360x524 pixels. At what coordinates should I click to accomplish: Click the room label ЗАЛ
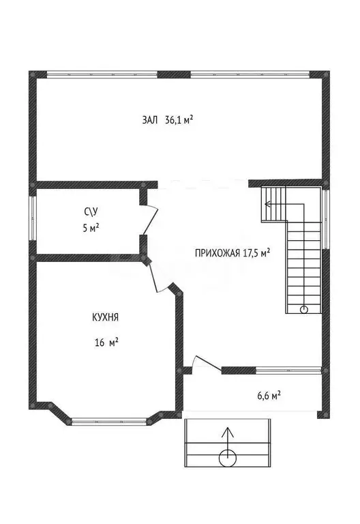(x=149, y=120)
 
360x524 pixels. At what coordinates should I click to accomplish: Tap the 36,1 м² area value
(x=179, y=119)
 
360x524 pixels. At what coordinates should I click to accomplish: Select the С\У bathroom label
(x=91, y=212)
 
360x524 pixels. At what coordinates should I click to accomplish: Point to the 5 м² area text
(x=91, y=229)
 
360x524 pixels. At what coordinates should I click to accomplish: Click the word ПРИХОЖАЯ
(x=217, y=253)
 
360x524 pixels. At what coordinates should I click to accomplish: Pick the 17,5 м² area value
(x=256, y=252)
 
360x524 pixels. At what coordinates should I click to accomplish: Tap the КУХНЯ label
(x=106, y=317)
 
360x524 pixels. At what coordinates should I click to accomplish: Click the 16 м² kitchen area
(x=106, y=343)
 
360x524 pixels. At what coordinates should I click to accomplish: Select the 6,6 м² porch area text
(x=269, y=396)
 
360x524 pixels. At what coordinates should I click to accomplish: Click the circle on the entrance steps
(x=228, y=458)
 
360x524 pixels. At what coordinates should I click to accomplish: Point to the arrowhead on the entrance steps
(x=228, y=432)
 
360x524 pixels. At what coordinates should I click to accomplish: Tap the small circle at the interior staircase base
(x=304, y=309)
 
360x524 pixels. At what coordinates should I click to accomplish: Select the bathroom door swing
(x=151, y=219)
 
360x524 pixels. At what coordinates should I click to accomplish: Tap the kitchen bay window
(x=109, y=422)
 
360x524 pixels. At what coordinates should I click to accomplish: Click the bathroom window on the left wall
(x=33, y=218)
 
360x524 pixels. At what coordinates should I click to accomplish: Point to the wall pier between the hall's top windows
(x=174, y=74)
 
